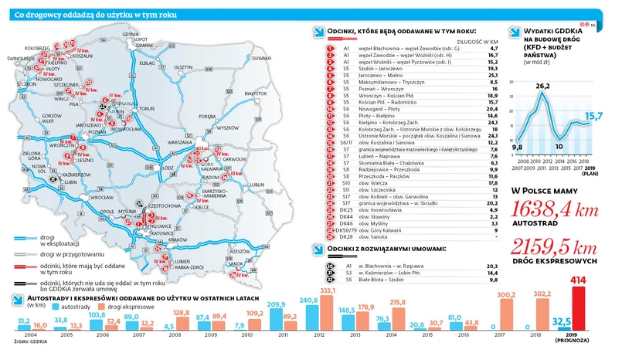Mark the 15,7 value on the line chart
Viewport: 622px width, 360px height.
(x=593, y=117)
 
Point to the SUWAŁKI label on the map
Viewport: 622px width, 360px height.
(x=261, y=58)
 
